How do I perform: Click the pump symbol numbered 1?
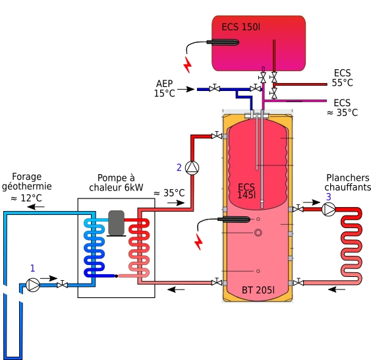point(33,285)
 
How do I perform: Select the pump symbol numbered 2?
point(192,168)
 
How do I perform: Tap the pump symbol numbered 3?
point(329,209)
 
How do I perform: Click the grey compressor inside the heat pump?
point(116,224)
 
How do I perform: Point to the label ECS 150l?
point(241,27)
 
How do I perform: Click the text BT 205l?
point(258,290)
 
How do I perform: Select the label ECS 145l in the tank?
point(246,191)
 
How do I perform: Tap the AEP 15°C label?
point(165,88)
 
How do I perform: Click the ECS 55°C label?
point(343,78)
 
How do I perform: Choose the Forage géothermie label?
point(27,181)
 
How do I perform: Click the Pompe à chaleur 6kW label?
point(116,183)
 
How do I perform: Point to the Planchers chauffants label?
point(347,182)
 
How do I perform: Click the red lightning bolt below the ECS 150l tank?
point(188,65)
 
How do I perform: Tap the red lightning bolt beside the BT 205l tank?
point(198,242)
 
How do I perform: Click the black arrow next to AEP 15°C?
point(186,89)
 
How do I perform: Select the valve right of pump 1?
point(62,285)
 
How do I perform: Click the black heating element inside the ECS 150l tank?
point(223,42)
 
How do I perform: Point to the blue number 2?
point(179,167)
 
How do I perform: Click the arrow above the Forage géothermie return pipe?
point(36,207)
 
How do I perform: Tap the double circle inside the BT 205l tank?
point(258,233)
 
